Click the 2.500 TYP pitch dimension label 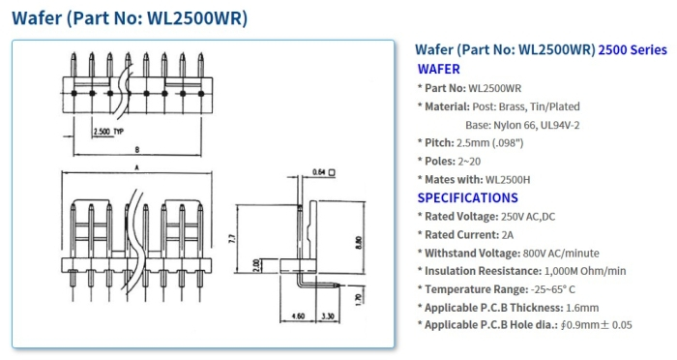(x=107, y=130)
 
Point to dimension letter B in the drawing (x=137, y=150)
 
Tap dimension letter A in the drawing (x=137, y=167)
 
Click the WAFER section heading (x=438, y=69)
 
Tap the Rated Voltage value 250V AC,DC (x=536, y=216)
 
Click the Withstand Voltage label (x=474, y=253)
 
